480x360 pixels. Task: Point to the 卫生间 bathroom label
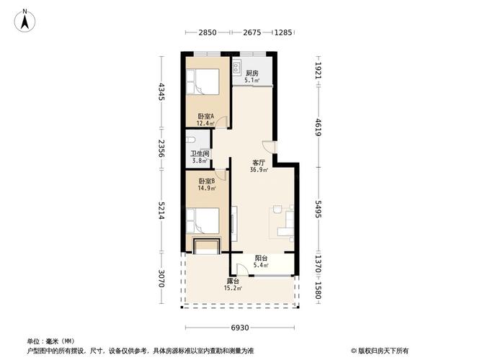[200, 153]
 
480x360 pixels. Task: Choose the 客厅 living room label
[259, 163]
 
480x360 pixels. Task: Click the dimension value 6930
[240, 328]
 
